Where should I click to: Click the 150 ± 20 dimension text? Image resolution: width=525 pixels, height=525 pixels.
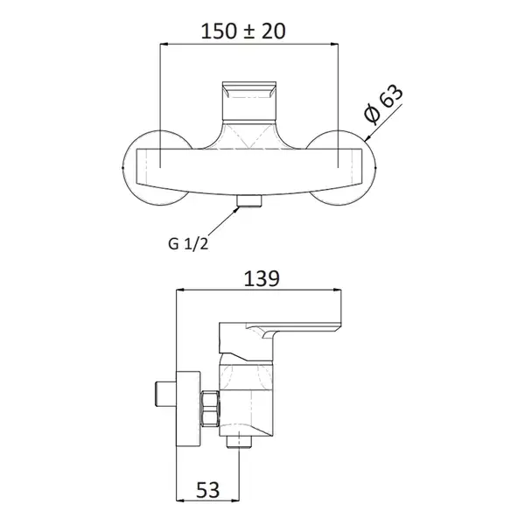pos(243,31)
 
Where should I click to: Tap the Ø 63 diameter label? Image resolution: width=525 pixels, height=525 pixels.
pos(383,103)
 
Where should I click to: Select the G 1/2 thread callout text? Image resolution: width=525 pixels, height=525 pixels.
pos(188,243)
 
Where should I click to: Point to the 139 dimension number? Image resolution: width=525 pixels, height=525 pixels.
pos(262,279)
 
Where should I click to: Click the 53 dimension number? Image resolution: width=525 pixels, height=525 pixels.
pos(208,490)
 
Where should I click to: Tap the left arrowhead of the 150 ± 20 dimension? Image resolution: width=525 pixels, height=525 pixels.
pos(164,44)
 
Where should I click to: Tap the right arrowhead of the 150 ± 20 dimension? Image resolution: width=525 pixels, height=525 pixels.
pos(334,44)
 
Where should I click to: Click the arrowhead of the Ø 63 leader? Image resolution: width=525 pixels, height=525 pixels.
pos(368,136)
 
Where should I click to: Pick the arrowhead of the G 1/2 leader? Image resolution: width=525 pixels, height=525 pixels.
pos(237,209)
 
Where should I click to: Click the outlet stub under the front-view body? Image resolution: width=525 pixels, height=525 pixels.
pos(249,201)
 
